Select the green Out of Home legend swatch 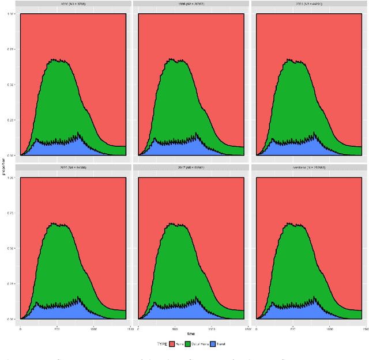[x=187, y=344]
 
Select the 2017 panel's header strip [x=191, y=168]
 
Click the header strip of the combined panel [x=309, y=168]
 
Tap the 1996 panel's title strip [x=191, y=4]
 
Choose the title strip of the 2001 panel [x=309, y=4]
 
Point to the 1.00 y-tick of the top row [x=13, y=14]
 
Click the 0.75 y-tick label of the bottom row [x=13, y=213]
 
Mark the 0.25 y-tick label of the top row [x=13, y=120]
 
